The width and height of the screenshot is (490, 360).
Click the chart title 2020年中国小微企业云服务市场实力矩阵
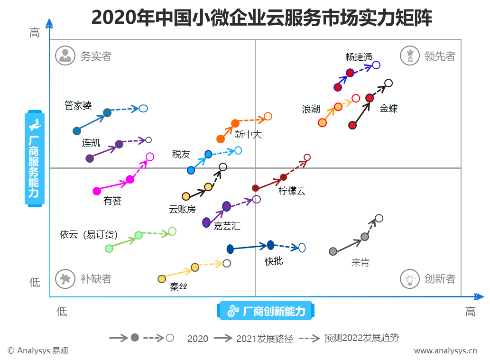coord(261,18)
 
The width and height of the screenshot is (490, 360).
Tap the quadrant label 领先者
coord(440,56)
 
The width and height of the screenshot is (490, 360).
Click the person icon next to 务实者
coord(65,55)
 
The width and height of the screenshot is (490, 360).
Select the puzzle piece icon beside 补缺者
coord(65,278)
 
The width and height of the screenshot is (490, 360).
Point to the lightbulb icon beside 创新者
coord(410,278)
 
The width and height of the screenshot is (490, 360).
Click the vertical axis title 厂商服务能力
coord(34,159)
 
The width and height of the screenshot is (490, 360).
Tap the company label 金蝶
coord(388,109)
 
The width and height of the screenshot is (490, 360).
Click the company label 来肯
coord(360,262)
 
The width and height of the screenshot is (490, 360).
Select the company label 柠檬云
coord(292,191)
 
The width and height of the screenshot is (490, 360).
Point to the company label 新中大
coord(248,135)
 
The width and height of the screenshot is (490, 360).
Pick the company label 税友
coord(181,154)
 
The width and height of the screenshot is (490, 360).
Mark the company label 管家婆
coord(78,106)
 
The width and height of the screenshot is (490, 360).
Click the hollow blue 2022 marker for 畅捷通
coord(376,65)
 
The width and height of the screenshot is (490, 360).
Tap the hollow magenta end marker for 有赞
coord(150,157)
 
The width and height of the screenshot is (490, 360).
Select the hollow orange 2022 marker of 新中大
coord(268,116)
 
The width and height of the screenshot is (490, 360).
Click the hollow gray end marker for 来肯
coord(379,218)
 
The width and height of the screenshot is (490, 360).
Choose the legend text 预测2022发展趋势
coord(361,338)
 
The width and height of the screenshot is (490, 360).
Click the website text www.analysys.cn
coord(445,351)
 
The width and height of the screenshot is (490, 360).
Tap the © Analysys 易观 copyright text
coord(38,351)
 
